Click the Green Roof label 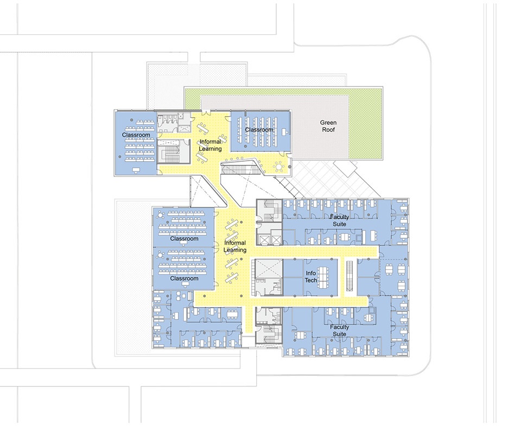pyautogui.click(x=328, y=126)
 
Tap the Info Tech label pyautogui.click(x=311, y=277)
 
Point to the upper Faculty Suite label pyautogui.click(x=339, y=220)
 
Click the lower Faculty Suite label pyautogui.click(x=339, y=330)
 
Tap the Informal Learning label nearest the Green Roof pyautogui.click(x=210, y=145)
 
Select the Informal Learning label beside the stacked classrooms pyautogui.click(x=235, y=246)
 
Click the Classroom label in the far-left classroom pyautogui.click(x=136, y=135)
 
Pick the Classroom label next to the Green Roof pyautogui.click(x=259, y=130)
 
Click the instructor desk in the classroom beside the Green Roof pyautogui.click(x=284, y=131)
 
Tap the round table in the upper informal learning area pyautogui.click(x=279, y=166)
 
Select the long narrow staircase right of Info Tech pyautogui.click(x=349, y=275)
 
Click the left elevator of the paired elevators pyautogui.click(x=265, y=240)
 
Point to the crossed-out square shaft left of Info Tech pyautogui.click(x=269, y=269)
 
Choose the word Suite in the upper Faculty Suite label pyautogui.click(x=339, y=224)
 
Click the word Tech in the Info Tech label pyautogui.click(x=311, y=281)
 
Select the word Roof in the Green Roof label pyautogui.click(x=328, y=130)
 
